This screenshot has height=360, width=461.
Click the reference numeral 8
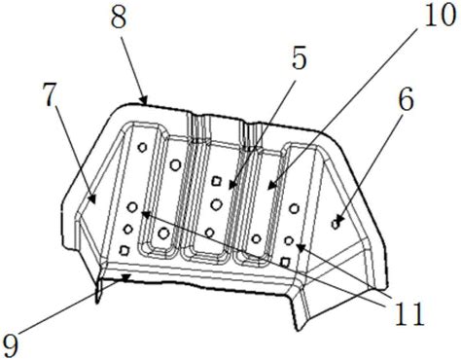coord(119,18)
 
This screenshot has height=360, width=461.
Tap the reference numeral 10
coord(440,16)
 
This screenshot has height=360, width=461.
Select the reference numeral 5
coord(299,58)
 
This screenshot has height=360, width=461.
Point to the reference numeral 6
coord(406,100)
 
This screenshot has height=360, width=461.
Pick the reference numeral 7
coord(51,95)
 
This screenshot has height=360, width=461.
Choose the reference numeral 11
coord(408,314)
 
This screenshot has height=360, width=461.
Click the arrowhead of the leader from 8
coord(144,100)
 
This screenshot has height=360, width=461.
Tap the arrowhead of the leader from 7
coord(92,198)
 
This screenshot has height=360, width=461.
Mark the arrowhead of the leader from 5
coord(232,185)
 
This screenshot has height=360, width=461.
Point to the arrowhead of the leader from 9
coord(125,276)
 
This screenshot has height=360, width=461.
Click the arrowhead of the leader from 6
coord(339,220)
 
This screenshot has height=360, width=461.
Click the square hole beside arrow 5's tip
coord(217,181)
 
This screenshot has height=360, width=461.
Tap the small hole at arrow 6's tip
coord(336,224)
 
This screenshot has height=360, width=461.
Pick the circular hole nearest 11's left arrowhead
coord(132,207)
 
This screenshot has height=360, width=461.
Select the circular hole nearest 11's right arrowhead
coord(289,240)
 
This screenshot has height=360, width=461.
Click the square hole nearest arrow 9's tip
coord(124,250)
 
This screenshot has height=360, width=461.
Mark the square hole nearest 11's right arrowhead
coord(285,262)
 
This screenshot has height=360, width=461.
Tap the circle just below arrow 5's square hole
coord(216,204)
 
